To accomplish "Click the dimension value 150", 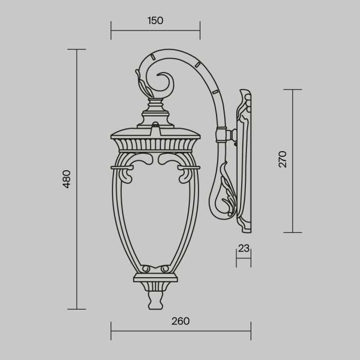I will point(155,21).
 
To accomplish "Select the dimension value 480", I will point(66,178).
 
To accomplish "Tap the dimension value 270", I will point(282,159).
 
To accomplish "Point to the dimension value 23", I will point(244,248).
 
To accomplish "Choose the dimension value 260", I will point(181,321).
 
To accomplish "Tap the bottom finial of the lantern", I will point(155,299).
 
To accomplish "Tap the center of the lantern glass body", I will point(155,216).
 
